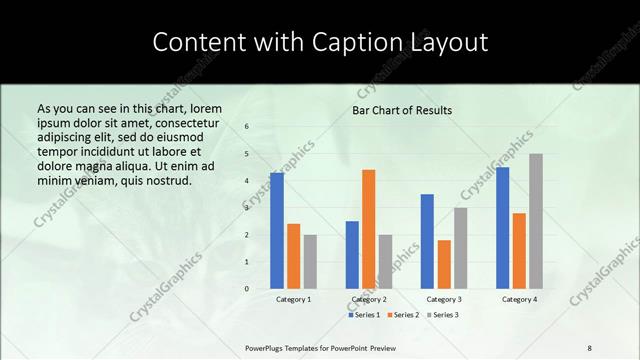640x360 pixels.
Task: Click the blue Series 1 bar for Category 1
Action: [x=277, y=230]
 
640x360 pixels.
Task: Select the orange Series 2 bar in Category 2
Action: [x=369, y=229]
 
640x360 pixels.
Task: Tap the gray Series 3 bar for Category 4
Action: [x=536, y=221]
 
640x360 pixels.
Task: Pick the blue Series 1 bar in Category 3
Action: [x=427, y=241]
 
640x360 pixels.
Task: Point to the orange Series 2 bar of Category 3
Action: [x=444, y=264]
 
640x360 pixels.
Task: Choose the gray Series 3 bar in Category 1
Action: [x=310, y=261]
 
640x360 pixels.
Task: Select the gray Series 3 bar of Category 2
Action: [x=386, y=261]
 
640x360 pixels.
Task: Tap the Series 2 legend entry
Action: [x=403, y=315]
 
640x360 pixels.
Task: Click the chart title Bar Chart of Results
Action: [x=402, y=110]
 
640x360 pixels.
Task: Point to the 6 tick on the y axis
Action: [x=247, y=127]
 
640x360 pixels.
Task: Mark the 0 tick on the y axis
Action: [x=247, y=289]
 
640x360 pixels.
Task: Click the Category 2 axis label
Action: [x=369, y=299]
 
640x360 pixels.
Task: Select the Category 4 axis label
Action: [x=519, y=299]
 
